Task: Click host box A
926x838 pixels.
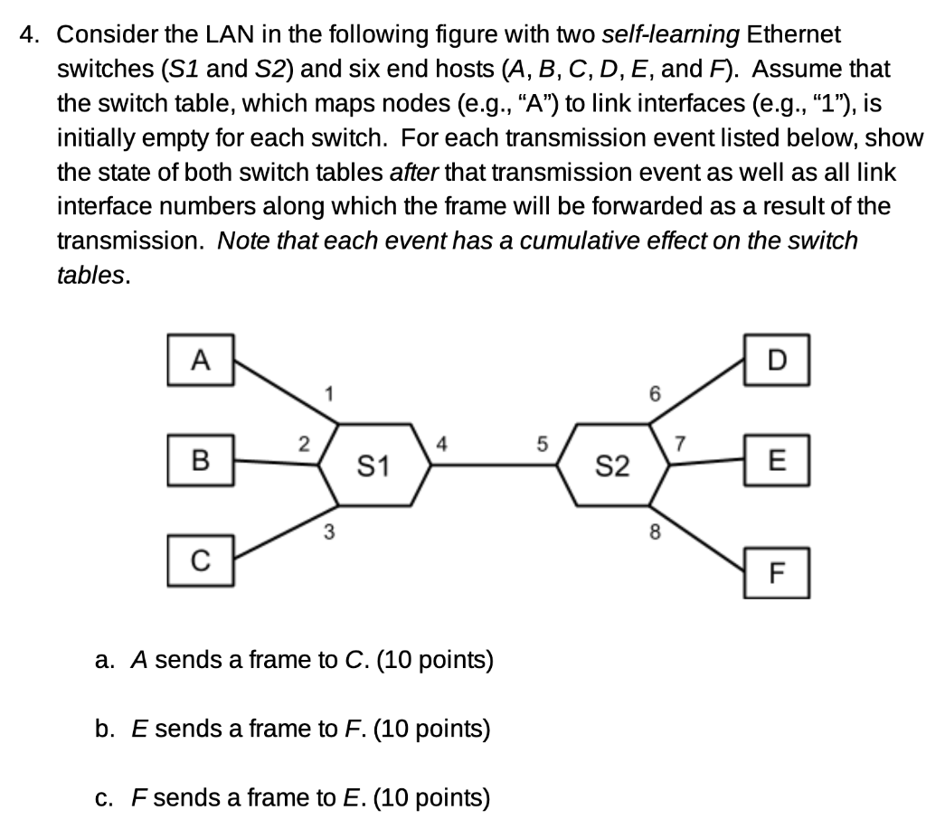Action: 201,361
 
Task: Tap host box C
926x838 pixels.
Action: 201,560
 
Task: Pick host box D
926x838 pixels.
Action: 778,361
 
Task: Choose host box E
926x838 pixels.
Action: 778,464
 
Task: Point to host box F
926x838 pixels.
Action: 778,572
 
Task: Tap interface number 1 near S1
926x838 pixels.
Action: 331,393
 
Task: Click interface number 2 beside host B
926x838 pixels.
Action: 304,444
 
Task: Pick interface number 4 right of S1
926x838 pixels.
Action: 440,444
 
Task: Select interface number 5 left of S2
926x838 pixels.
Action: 542,444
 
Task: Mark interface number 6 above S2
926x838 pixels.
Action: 656,393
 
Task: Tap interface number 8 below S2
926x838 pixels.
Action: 656,532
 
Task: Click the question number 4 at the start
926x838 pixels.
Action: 31,35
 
